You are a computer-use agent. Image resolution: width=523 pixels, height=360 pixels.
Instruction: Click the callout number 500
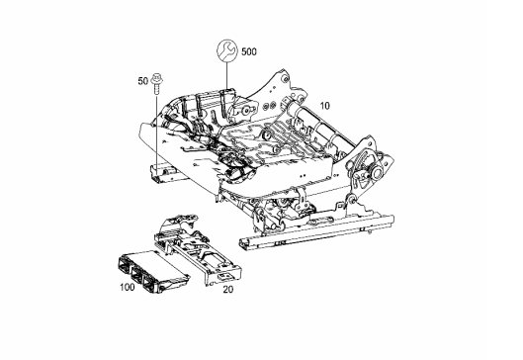point(249,51)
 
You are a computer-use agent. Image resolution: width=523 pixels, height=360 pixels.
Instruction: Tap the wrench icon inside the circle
point(227,50)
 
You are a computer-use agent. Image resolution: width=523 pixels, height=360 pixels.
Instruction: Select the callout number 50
point(142,81)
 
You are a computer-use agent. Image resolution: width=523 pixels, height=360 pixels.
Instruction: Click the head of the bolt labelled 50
point(156,78)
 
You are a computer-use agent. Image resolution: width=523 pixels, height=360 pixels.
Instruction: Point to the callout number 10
point(324,106)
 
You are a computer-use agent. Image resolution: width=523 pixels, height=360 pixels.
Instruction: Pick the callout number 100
point(128,287)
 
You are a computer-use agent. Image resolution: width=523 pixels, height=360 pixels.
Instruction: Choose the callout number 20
point(228,290)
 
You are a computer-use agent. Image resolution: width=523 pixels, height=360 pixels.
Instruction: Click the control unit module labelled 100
point(153,271)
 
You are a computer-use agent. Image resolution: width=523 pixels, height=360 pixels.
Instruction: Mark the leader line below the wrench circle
point(227,75)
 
